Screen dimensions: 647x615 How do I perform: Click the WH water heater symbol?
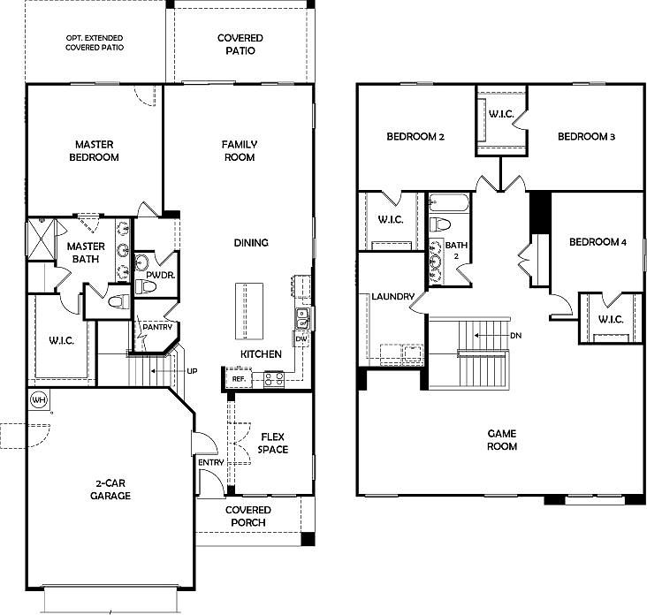pos(39,399)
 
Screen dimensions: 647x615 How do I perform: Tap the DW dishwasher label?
pos(301,338)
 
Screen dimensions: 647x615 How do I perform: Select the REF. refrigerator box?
pos(239,378)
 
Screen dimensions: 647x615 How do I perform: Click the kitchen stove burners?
pos(274,379)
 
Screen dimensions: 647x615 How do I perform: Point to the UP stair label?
pos(192,371)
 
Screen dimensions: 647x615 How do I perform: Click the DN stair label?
pos(516,336)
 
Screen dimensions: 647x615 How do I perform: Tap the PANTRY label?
pos(157,327)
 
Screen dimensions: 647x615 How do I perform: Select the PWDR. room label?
pos(161,275)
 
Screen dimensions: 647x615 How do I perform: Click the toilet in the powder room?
pos(145,286)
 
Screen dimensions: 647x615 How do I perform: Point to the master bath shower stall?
pos(41,239)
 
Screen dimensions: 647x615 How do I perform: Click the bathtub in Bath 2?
pos(449,203)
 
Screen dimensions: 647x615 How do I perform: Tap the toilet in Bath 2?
pos(440,224)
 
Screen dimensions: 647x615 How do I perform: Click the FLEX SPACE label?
pos(273,443)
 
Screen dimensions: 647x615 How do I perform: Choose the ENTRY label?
pos(211,462)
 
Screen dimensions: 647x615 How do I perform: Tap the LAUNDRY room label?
pos(392,296)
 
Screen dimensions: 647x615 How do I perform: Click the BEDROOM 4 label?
pos(598,242)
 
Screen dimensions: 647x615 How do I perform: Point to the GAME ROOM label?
pos(502,440)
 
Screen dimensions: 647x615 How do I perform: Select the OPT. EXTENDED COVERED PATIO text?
pos(95,42)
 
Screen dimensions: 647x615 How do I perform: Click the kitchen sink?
pos(302,318)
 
